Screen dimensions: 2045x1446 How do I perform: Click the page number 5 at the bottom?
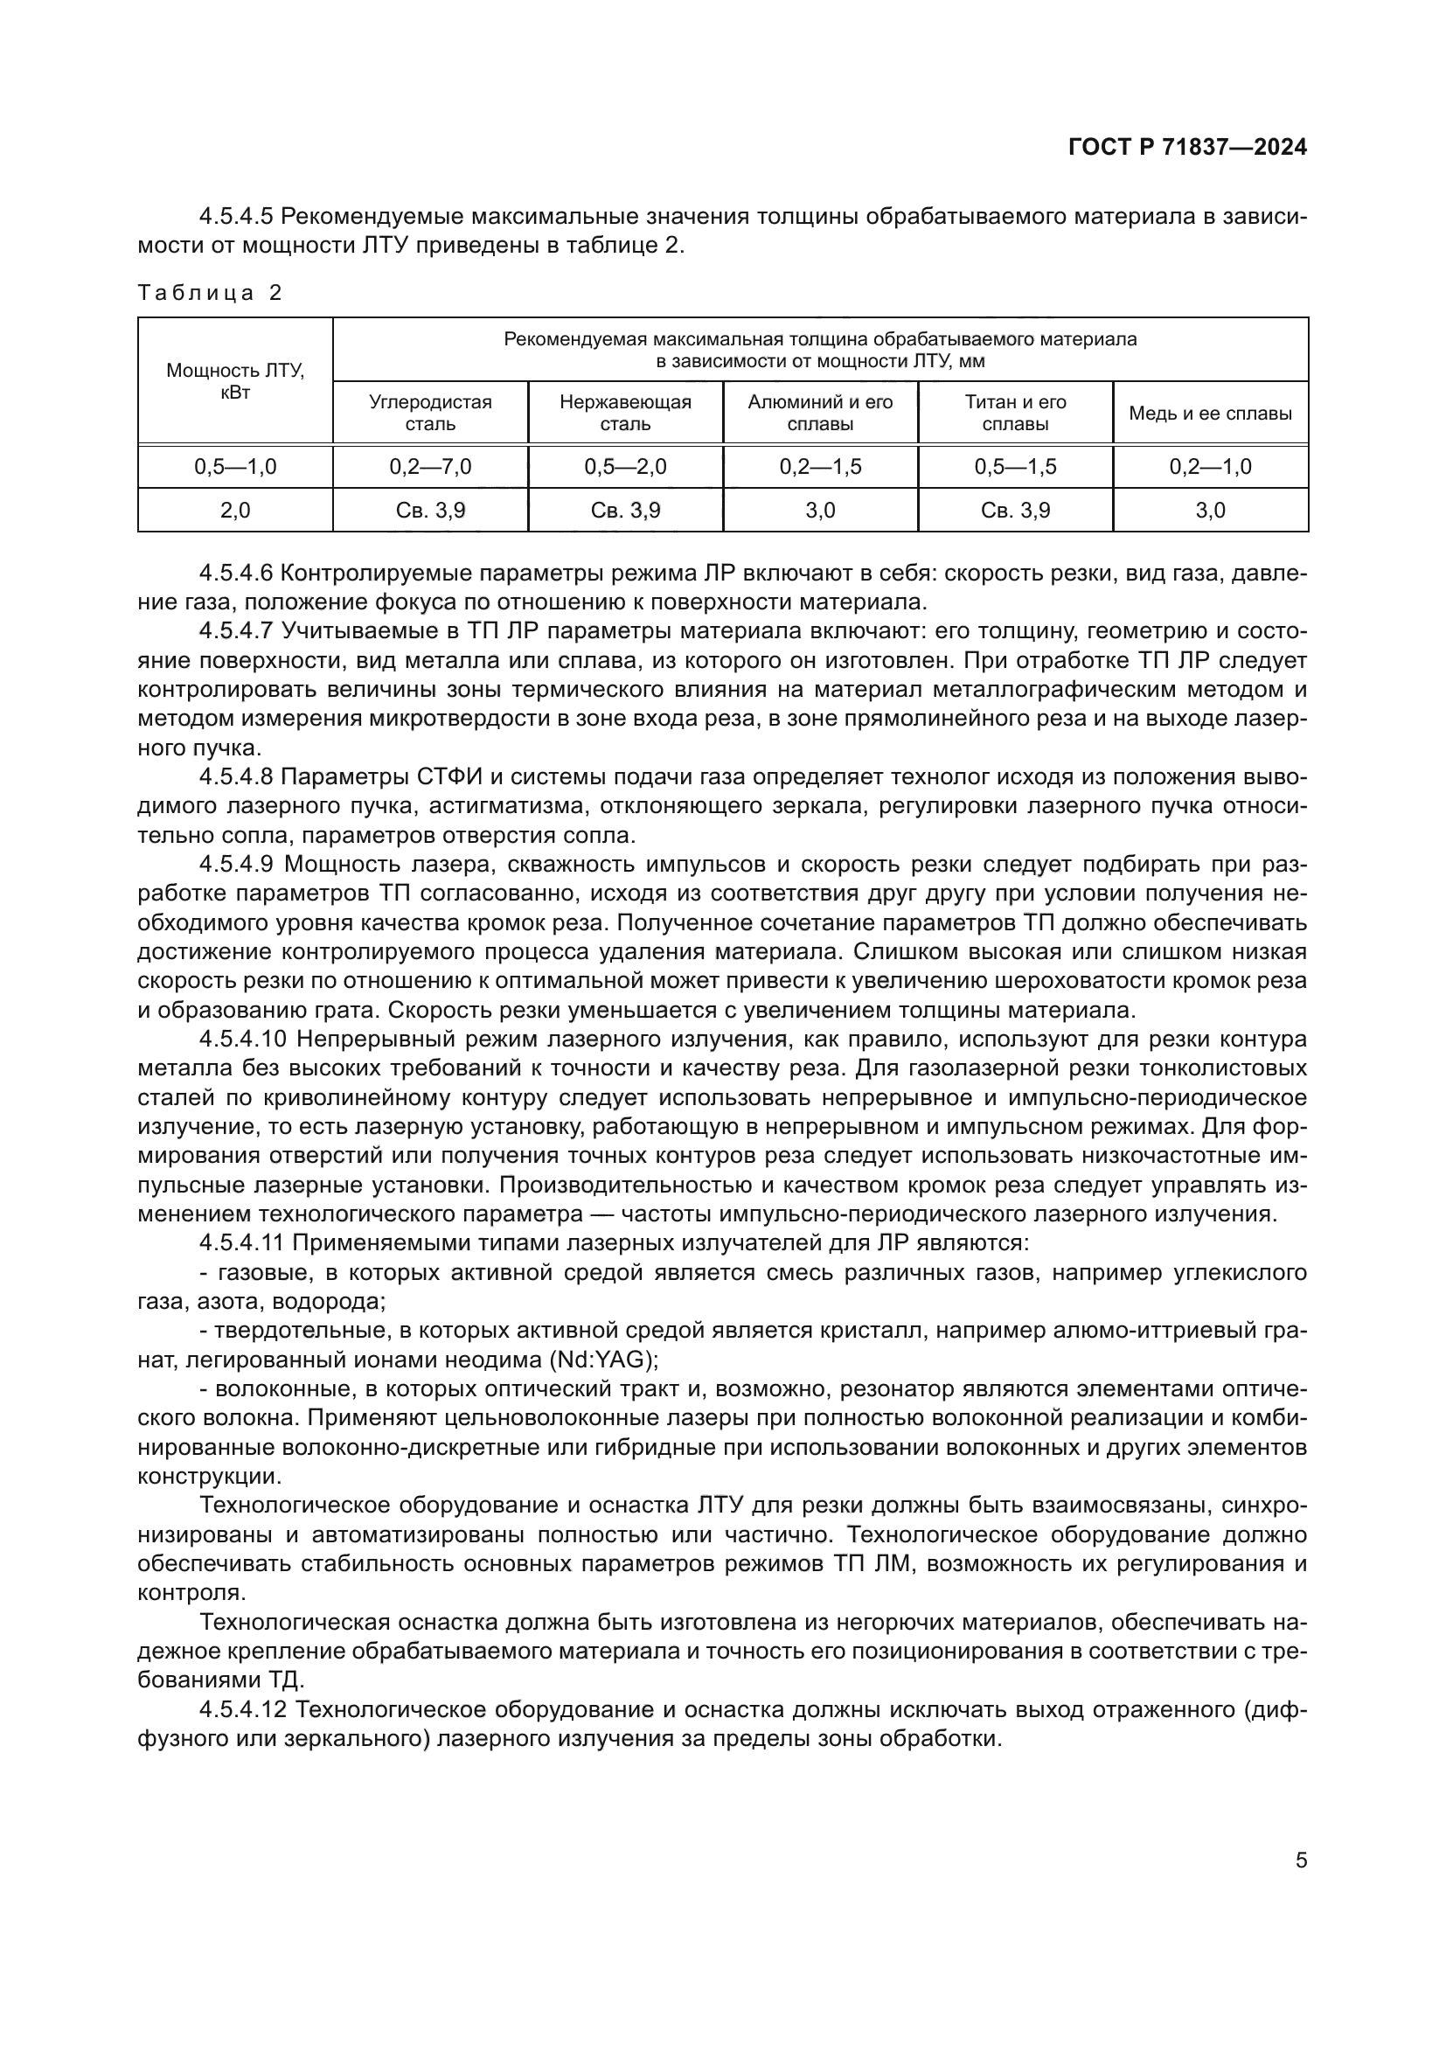(x=1301, y=1860)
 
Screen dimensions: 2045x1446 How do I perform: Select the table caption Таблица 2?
(x=209, y=293)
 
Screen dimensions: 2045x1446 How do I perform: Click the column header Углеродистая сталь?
(x=430, y=414)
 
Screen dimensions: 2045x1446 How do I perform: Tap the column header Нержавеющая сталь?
(x=625, y=414)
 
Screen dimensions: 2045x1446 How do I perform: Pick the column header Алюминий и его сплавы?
(x=820, y=414)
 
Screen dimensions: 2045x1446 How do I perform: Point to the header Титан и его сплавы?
(x=1015, y=414)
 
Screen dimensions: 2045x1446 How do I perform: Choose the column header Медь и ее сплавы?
(x=1210, y=414)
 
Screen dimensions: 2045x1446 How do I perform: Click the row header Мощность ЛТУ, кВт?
(x=235, y=381)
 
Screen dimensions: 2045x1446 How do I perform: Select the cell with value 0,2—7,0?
(x=430, y=467)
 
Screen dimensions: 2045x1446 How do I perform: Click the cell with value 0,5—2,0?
(x=625, y=467)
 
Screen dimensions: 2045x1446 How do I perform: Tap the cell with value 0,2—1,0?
(x=1210, y=467)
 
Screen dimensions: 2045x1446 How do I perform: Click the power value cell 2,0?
(x=235, y=511)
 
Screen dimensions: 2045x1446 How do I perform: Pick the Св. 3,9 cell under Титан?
(x=1015, y=511)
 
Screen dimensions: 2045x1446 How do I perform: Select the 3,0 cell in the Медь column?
(x=1210, y=511)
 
